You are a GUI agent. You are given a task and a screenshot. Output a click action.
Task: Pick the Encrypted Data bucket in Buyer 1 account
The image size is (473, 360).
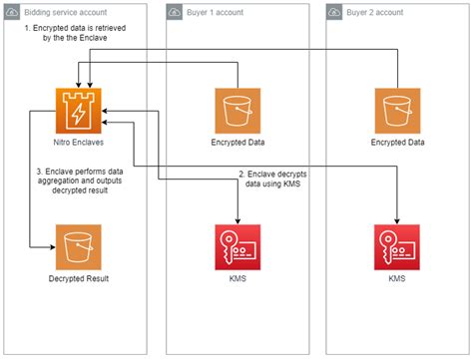237,110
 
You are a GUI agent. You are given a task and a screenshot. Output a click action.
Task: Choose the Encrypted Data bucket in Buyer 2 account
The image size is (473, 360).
397,110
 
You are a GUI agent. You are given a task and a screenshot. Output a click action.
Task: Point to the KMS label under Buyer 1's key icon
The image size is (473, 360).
237,278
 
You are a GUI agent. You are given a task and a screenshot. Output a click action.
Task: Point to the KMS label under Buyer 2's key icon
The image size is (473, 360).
397,278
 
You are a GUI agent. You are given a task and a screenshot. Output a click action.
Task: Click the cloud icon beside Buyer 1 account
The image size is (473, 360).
176,13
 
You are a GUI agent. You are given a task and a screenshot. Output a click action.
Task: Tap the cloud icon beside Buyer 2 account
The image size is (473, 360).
336,13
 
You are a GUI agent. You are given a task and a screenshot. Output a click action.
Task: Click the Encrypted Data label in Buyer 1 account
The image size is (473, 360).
237,143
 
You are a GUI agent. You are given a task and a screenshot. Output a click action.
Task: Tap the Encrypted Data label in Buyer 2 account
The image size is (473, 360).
397,143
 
